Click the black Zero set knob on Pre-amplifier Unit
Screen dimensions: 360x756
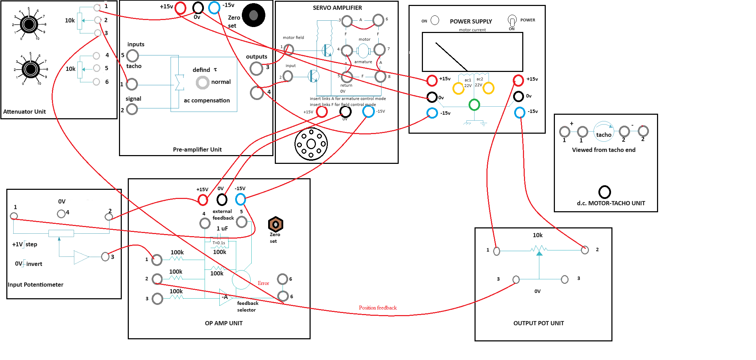point(253,15)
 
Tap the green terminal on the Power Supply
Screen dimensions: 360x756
point(474,105)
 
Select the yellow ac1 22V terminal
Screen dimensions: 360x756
point(458,88)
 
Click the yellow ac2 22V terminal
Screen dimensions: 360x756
point(489,88)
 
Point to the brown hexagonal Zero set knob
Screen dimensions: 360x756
point(276,224)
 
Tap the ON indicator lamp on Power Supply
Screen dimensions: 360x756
point(435,20)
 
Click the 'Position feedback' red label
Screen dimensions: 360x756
point(378,308)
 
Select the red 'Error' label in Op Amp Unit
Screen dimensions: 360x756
point(263,283)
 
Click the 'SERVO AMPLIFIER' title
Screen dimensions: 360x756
point(337,8)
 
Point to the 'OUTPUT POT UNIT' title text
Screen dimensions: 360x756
point(538,323)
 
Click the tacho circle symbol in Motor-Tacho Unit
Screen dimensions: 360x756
point(604,132)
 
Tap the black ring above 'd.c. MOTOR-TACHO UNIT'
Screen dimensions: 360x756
point(604,192)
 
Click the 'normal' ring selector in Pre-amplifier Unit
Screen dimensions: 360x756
point(203,82)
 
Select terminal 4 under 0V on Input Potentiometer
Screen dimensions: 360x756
point(61,213)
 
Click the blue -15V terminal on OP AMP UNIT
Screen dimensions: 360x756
point(240,199)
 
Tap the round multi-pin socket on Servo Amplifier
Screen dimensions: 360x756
point(311,144)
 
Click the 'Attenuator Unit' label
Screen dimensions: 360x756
point(25,112)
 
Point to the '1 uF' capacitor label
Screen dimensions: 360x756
point(222,228)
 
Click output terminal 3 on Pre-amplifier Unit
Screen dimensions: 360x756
point(257,68)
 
